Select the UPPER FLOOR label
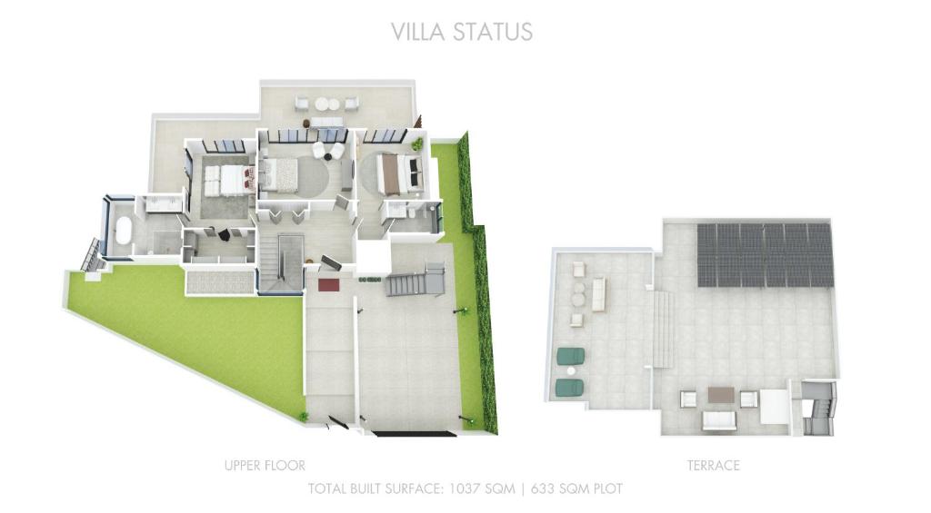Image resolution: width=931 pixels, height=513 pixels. point(265,466)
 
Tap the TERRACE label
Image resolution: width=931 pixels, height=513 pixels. point(713,466)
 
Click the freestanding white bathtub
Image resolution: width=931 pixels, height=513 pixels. point(124,232)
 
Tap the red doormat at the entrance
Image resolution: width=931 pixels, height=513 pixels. point(328,285)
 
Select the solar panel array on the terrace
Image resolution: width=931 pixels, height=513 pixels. point(765,255)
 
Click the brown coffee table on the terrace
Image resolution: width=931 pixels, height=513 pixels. point(721,395)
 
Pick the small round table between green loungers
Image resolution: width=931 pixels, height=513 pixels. point(571,372)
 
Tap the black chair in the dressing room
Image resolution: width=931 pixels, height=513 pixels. point(225,235)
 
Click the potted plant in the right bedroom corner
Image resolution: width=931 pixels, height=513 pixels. point(417,143)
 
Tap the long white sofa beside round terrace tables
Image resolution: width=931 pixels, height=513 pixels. point(598,294)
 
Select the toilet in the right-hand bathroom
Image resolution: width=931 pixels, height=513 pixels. point(411,212)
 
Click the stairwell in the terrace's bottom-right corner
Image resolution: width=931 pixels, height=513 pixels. point(818,409)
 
